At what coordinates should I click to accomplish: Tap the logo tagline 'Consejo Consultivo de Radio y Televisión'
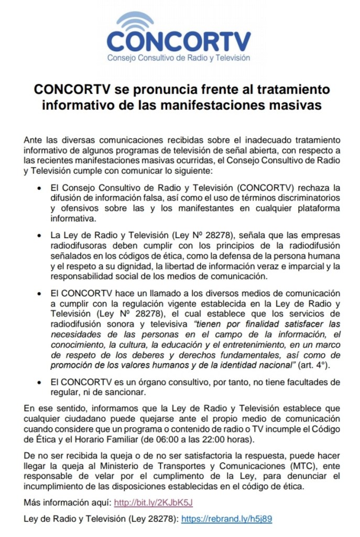(179, 58)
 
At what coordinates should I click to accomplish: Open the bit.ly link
(154, 503)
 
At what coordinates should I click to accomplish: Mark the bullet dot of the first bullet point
(41, 188)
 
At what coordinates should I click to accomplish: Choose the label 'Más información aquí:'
(67, 503)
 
